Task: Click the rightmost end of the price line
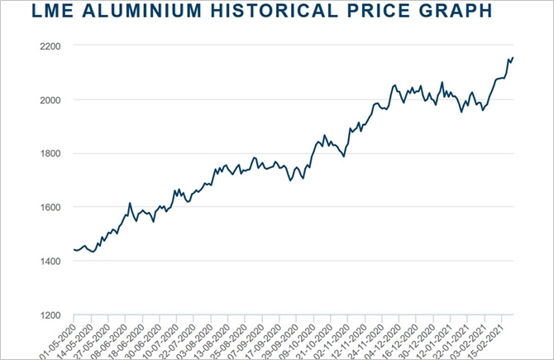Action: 513,57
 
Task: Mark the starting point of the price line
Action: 74,249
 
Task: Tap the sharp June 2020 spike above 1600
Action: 130,203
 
